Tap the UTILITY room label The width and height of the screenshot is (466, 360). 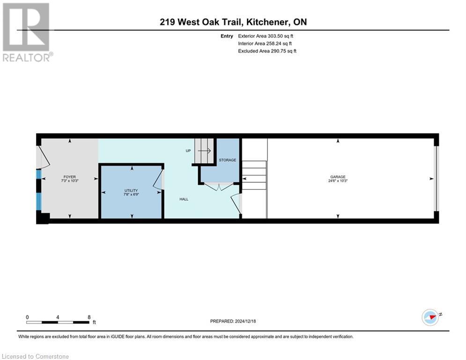point(131,190)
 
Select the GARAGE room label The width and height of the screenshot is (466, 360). point(337,177)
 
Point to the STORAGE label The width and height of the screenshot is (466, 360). point(227,160)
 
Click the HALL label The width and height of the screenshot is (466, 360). point(184,199)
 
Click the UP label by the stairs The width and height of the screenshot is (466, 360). point(188,151)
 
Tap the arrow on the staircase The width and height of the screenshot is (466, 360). point(204,151)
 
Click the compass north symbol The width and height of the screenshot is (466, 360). point(430,316)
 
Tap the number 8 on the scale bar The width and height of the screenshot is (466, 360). point(89,317)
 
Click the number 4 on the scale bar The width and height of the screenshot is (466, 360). point(58,317)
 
